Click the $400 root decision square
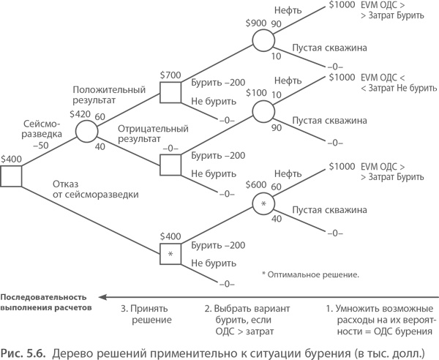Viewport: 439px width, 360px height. (11, 176)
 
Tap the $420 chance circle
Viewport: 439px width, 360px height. (86, 131)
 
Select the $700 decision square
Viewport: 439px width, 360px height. (170, 92)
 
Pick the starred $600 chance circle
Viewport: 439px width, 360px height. (263, 204)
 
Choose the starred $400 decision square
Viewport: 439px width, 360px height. (170, 252)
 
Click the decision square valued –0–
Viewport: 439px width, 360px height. (170, 164)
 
